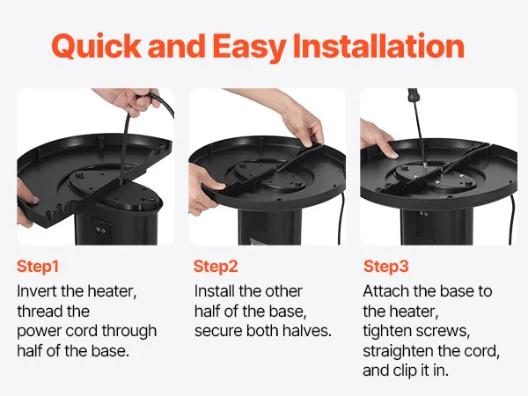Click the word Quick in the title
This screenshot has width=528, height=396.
[97, 47]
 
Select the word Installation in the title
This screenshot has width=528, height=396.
[379, 46]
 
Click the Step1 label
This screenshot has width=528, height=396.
[38, 267]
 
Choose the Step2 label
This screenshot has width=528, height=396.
[216, 267]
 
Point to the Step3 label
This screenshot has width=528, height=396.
[386, 267]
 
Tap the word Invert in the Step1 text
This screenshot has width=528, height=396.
[37, 291]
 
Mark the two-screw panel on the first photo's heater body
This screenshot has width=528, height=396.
[100, 229]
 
